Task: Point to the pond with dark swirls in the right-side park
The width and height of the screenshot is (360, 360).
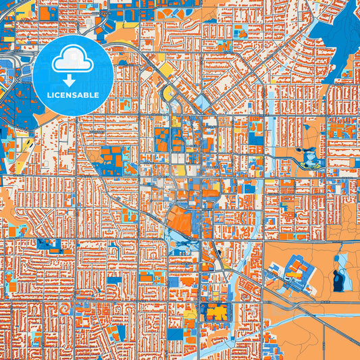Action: click(x=311, y=157)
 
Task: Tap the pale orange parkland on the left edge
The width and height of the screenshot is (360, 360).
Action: click(x=7, y=203)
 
